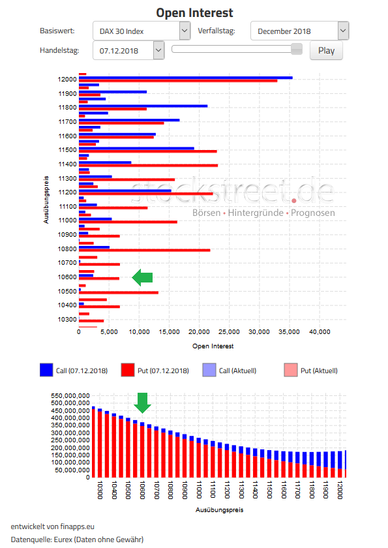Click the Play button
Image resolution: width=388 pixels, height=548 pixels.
tap(326, 50)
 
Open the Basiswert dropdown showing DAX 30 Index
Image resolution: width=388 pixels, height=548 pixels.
tap(140, 31)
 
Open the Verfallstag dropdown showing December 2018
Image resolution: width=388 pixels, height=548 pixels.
tap(299, 31)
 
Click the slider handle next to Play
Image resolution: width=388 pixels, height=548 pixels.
tap(297, 49)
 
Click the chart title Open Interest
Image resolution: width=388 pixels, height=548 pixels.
tap(194, 12)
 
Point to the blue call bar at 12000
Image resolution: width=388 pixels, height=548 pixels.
tap(185, 77)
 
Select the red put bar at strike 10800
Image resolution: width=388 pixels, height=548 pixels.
tap(144, 250)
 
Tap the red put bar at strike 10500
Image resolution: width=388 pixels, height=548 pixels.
tap(118, 292)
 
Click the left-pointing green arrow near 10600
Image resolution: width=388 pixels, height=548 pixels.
tap(142, 278)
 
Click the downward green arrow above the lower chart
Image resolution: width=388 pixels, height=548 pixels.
tap(143, 403)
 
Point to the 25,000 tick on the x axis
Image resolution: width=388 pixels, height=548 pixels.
tap(229, 332)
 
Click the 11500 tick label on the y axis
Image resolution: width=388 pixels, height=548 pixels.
tap(67, 150)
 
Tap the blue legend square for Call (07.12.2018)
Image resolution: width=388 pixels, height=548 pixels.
tap(46, 370)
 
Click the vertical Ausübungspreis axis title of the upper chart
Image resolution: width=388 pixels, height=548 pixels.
tap(46, 199)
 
